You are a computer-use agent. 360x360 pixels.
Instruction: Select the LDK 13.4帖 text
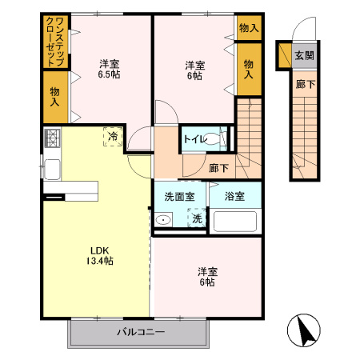tap(100, 255)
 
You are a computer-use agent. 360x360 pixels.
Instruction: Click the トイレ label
tap(195, 139)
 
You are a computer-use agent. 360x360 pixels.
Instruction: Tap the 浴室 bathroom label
tap(234, 195)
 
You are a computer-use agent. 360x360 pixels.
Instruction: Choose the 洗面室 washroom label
tap(180, 195)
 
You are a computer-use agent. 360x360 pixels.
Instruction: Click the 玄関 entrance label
tap(303, 55)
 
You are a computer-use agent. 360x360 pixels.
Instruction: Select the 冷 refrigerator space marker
tap(112, 137)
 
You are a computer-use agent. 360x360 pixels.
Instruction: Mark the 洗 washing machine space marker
tap(197, 218)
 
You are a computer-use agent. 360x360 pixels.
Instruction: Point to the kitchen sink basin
tap(52, 170)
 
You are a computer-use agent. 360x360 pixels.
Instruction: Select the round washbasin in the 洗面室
tap(163, 220)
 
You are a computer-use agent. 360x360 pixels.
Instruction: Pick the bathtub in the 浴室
tap(235, 221)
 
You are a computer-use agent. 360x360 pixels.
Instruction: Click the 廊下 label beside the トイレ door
tap(218, 168)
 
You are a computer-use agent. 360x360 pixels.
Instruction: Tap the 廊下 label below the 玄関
tap(303, 82)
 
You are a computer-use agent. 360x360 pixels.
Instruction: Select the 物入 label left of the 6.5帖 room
tap(55, 98)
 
